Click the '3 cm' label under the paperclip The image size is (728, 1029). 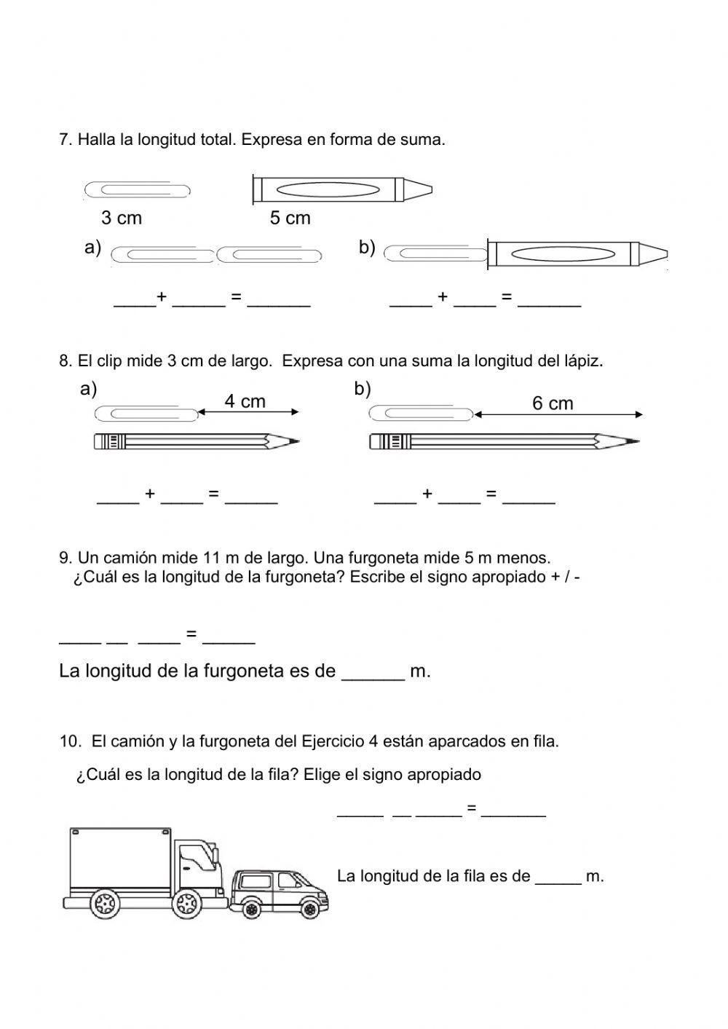122,218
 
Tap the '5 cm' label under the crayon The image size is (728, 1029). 290,218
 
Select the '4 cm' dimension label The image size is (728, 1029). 245,401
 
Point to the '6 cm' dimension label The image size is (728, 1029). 553,403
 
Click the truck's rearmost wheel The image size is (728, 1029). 105,904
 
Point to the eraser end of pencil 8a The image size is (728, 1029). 100,441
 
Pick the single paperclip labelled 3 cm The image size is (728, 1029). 138,189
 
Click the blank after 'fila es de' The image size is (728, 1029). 558,878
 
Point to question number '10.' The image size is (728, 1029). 70,741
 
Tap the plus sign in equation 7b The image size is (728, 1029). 443,296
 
